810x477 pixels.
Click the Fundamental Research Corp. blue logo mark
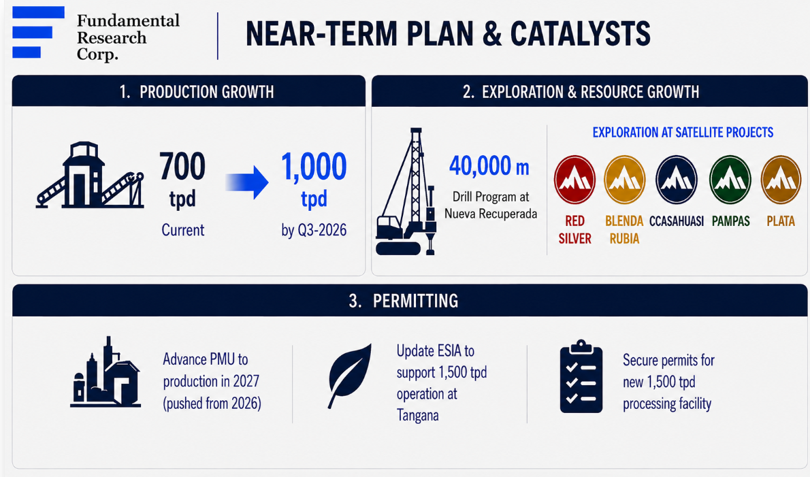pyautogui.click(x=37, y=32)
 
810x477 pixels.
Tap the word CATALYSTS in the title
pyautogui.click(x=580, y=34)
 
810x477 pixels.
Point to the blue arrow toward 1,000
pyautogui.click(x=247, y=182)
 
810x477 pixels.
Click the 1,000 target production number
pyautogui.click(x=314, y=167)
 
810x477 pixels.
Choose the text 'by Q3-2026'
pyautogui.click(x=314, y=230)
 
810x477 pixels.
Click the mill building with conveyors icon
pyautogui.click(x=90, y=175)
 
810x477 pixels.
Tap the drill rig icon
pyautogui.click(x=406, y=191)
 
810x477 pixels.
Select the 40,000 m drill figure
pyautogui.click(x=489, y=166)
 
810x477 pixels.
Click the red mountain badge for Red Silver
pyautogui.click(x=574, y=180)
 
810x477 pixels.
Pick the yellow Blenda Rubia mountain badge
pyautogui.click(x=625, y=180)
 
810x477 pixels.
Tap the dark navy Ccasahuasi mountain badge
pyautogui.click(x=676, y=180)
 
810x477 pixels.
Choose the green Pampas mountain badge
pyautogui.click(x=730, y=180)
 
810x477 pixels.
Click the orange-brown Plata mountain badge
pyautogui.click(x=781, y=180)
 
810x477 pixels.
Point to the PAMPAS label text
pyautogui.click(x=730, y=221)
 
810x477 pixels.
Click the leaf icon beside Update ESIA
pyautogui.click(x=350, y=376)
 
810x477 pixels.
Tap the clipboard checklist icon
pyautogui.click(x=581, y=376)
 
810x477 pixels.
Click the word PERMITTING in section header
pyautogui.click(x=415, y=301)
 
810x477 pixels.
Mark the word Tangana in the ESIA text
pyautogui.click(x=417, y=415)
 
